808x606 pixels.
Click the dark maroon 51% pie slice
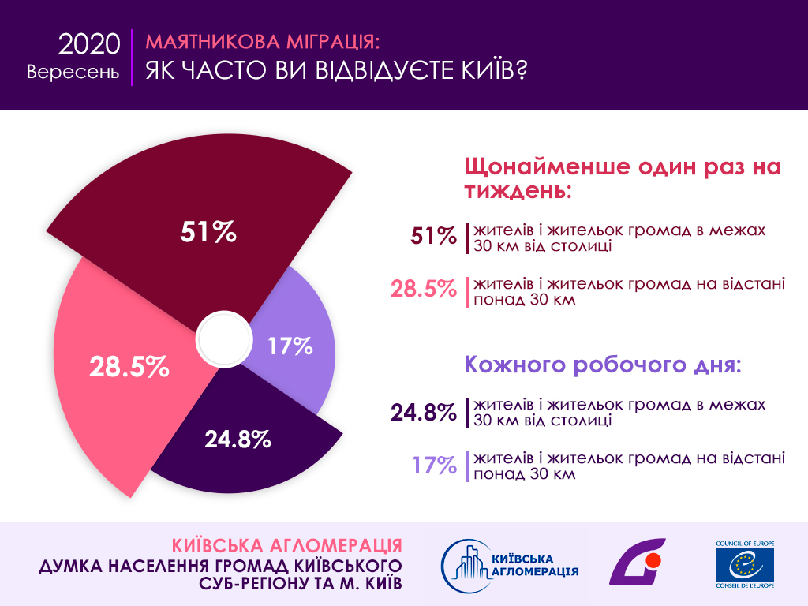point(237,205)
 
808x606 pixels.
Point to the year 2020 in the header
point(89,44)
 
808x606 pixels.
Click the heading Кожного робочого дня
point(604,365)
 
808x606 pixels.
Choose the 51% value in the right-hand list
point(433,236)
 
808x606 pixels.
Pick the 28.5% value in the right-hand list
point(424,289)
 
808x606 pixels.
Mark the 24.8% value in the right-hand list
point(424,411)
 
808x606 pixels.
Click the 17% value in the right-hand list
point(434,465)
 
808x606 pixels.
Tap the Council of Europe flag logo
point(745,565)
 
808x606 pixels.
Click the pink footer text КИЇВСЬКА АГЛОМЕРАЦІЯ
point(287,546)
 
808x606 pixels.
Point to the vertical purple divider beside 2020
point(133,58)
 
